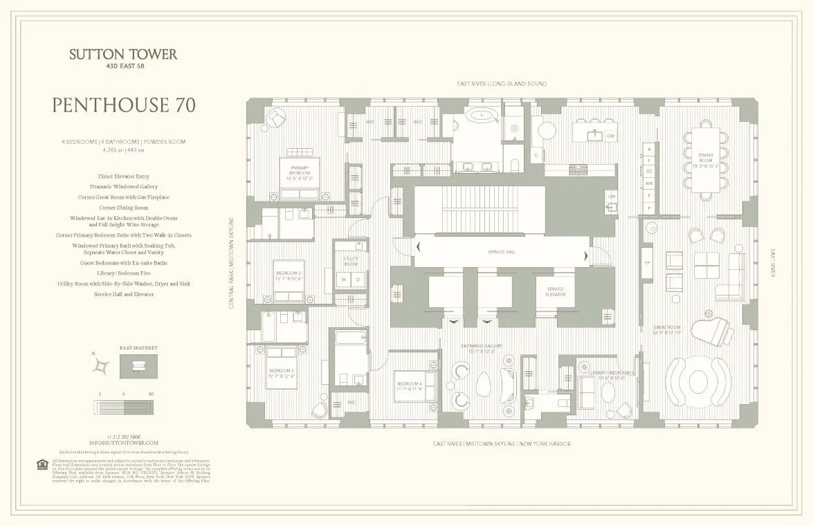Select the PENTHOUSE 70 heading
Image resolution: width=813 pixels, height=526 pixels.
(x=123, y=105)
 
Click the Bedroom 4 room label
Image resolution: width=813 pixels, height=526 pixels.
(x=409, y=386)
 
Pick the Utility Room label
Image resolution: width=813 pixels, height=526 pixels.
(x=351, y=261)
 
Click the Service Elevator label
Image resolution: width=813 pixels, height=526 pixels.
(x=556, y=291)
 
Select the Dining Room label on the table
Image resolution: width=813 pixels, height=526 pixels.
(x=705, y=161)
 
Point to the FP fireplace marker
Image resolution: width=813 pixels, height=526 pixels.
(x=647, y=263)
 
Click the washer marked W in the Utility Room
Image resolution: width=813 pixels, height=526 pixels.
(x=343, y=280)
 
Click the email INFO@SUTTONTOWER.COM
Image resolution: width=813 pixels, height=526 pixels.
(x=123, y=442)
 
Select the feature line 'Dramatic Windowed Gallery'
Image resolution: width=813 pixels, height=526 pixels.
(x=123, y=187)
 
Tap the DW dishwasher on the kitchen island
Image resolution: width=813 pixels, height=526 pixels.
(x=610, y=136)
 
